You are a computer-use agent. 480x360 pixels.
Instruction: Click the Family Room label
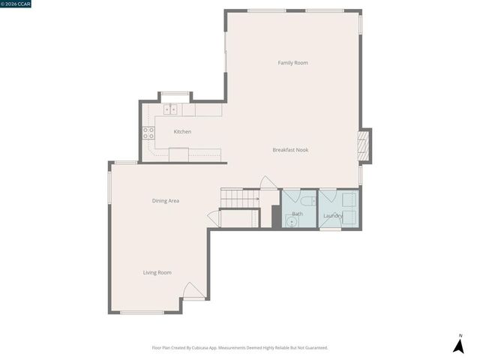coord(292,63)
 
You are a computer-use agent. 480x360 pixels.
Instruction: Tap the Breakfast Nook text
coord(290,150)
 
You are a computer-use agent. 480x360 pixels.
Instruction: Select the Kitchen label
coord(182,132)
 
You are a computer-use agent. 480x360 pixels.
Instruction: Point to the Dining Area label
coord(166,200)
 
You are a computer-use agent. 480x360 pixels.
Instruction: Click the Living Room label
coord(157,272)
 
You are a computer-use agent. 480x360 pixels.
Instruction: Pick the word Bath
coord(298,214)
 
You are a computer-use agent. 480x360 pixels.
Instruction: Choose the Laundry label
coord(333,217)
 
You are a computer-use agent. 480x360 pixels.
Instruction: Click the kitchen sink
coord(171,109)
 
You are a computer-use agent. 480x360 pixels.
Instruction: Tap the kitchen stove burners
coord(148,133)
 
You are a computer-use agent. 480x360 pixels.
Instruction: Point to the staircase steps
coord(240,198)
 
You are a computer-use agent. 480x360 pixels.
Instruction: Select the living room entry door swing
coord(191,291)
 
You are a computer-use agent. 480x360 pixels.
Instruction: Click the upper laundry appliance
coord(348,199)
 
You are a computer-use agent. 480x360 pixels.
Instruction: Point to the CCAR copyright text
coord(16,3)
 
